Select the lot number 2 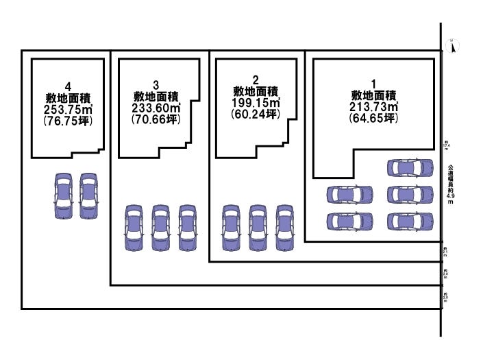[255, 80]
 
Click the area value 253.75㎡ [68, 109]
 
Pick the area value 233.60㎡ [156, 108]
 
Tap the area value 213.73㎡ [374, 108]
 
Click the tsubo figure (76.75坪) [68, 120]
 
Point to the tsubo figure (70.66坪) [156, 119]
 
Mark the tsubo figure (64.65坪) [374, 119]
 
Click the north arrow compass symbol [452, 47]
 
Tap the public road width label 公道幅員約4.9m [450, 184]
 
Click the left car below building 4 [63, 195]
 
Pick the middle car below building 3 [160, 227]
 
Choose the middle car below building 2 [257, 227]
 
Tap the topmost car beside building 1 [410, 167]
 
